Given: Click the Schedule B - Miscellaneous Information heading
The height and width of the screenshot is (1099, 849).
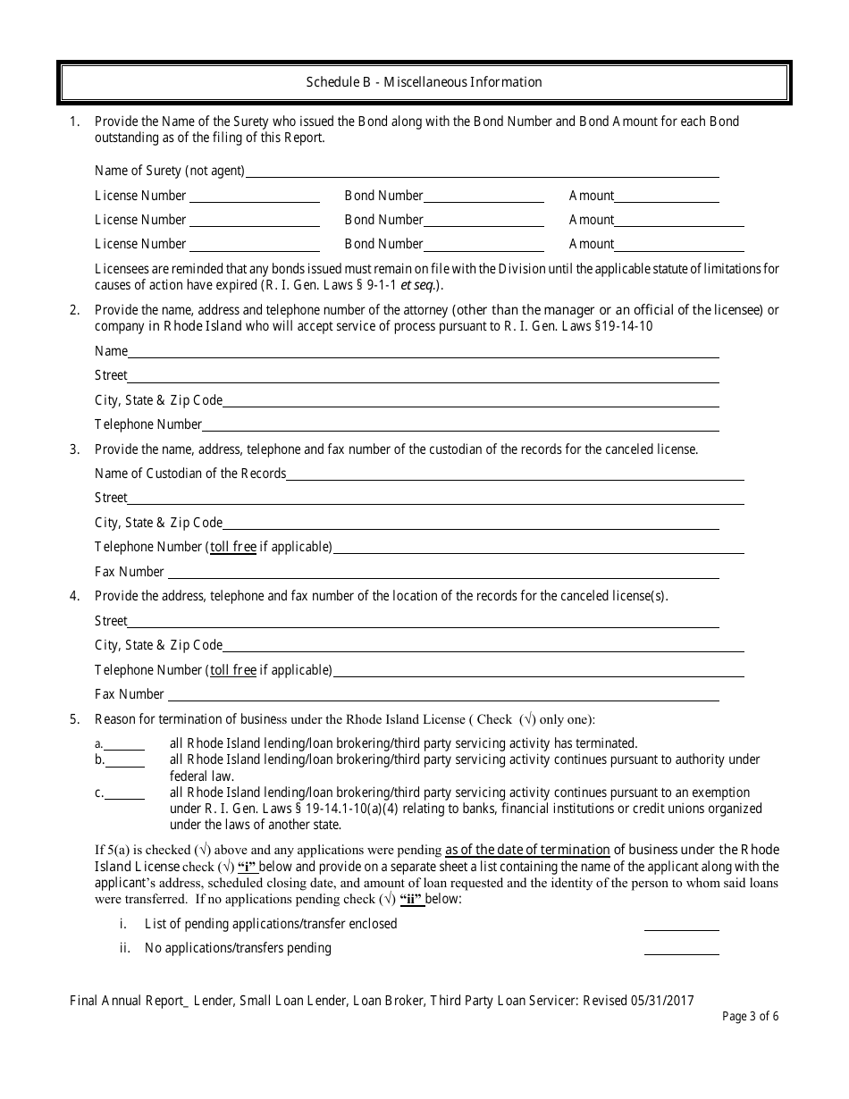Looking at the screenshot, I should (x=424, y=82).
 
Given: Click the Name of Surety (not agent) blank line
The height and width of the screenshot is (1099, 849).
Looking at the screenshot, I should (x=482, y=172).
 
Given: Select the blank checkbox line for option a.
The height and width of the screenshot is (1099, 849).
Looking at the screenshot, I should (x=124, y=743).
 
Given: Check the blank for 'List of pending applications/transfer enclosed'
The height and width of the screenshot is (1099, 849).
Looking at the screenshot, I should (x=681, y=925).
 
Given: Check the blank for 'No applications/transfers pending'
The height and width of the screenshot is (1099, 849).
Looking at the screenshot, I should (x=681, y=949).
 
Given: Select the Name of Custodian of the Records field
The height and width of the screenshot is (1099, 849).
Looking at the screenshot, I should (x=515, y=474).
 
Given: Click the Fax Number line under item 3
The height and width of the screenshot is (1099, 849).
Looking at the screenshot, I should (x=443, y=573).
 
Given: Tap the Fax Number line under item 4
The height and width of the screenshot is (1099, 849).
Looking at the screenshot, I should (x=443, y=695).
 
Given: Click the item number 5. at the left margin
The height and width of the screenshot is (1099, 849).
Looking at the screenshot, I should (x=75, y=719).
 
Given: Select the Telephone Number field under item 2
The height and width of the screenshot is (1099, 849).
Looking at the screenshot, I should (x=460, y=425).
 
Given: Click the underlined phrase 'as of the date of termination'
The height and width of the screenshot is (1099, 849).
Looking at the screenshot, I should (x=527, y=850).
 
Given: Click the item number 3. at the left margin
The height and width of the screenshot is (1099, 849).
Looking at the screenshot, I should (x=75, y=449).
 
